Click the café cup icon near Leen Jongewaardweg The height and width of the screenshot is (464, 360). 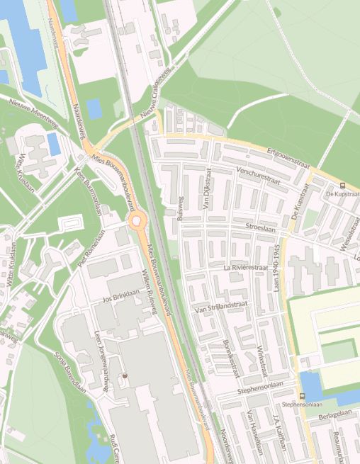coord(125,375)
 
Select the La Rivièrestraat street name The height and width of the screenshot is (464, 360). coord(245,268)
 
